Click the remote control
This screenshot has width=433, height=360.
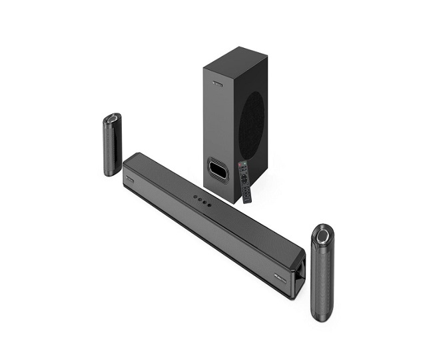(x=245, y=181)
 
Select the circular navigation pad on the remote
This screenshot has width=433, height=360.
(x=244, y=179)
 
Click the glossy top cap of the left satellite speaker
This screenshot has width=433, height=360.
(x=113, y=120)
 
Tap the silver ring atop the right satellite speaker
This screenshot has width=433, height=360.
(x=324, y=235)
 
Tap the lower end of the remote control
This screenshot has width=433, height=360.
(x=247, y=198)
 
